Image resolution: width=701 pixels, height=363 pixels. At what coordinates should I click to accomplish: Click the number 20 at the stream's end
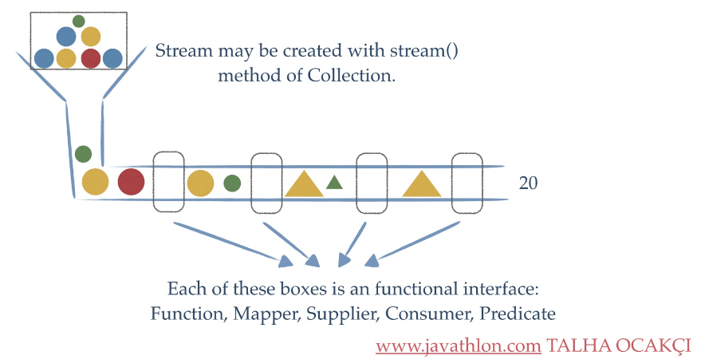pyautogui.click(x=528, y=183)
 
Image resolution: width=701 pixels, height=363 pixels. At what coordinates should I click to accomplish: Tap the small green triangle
pyautogui.click(x=334, y=183)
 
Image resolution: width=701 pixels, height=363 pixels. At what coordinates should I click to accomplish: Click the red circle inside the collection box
pyautogui.click(x=90, y=57)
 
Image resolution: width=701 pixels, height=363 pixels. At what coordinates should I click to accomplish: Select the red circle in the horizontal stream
pyautogui.click(x=131, y=182)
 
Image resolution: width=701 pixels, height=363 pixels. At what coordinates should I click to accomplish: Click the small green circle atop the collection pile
pyautogui.click(x=78, y=21)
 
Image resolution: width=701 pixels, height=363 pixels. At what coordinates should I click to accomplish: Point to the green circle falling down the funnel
pyautogui.click(x=83, y=153)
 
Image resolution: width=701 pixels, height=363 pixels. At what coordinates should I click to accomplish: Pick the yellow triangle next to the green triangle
pyautogui.click(x=304, y=183)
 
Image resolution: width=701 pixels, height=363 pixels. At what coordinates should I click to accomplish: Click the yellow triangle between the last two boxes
pyautogui.click(x=422, y=183)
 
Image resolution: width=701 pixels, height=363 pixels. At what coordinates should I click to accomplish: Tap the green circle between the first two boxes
pyautogui.click(x=232, y=183)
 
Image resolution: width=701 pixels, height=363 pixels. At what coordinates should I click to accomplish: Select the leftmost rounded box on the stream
pyautogui.click(x=168, y=182)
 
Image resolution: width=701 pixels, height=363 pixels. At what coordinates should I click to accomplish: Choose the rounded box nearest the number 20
pyautogui.click(x=467, y=182)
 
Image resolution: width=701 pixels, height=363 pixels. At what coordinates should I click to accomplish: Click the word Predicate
pyautogui.click(x=517, y=314)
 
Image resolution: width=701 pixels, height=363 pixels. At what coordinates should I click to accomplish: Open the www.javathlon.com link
pyautogui.click(x=459, y=346)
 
